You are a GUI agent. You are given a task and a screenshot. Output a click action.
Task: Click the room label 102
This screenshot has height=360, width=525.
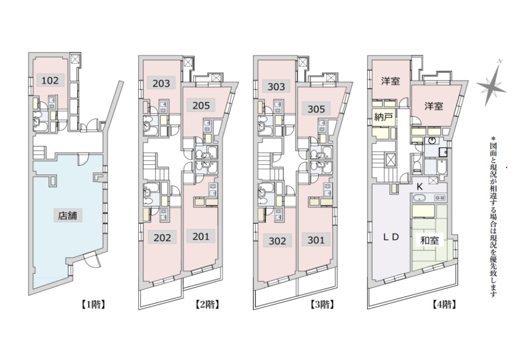pos(50,80)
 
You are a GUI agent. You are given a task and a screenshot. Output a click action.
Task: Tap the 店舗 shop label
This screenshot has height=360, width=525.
pos(68,215)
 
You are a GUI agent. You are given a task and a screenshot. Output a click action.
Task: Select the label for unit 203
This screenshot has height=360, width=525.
pos(161,83)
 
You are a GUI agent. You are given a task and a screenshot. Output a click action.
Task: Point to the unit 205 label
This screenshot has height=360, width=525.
pos(201,106)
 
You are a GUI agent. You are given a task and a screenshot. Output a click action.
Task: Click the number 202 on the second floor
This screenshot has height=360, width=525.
pos(162,238)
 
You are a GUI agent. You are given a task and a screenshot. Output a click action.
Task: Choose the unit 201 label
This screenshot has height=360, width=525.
pos(201,237)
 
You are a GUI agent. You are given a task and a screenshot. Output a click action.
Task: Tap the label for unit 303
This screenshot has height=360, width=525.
pos(276,87)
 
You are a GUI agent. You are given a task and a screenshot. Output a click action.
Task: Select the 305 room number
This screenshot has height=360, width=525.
pos(316,109)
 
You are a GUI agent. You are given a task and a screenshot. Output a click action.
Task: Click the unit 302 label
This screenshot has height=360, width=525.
pos(278,241)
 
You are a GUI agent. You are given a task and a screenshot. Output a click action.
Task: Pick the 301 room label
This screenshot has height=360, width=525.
pos(316,240)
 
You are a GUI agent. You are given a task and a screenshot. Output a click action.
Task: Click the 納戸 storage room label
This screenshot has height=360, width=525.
pos(384,117)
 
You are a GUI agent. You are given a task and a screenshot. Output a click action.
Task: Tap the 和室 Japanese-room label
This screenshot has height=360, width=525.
pos(429,240)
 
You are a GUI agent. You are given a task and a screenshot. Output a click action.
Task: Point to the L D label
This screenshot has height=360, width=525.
pos(391,237)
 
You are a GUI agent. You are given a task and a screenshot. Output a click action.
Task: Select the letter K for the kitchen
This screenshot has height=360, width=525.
pos(420,187)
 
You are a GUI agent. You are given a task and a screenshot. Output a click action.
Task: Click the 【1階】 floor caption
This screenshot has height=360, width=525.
pos(94,304)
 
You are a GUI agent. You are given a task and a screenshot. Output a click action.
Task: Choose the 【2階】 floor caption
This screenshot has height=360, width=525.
pos(208,304)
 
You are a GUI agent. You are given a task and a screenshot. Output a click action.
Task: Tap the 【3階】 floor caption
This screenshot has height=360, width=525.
pos(322,304)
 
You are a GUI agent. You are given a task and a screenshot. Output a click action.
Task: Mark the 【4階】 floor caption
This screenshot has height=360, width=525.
pos(445,304)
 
